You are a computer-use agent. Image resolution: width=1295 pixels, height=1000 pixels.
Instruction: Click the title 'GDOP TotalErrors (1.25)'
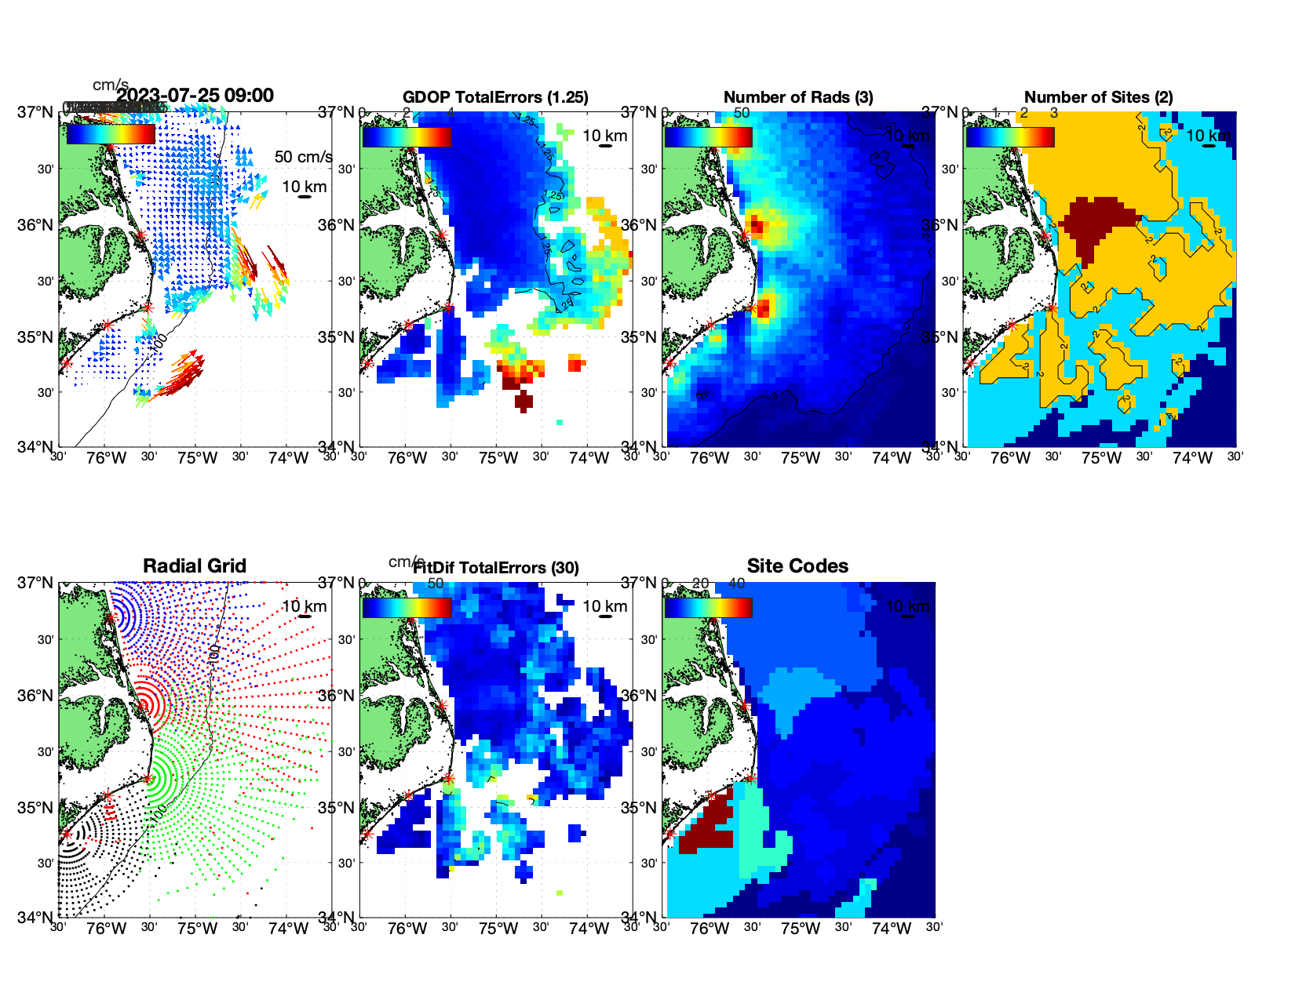point(495,97)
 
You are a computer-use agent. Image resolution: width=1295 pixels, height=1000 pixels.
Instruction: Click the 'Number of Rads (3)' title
point(798,97)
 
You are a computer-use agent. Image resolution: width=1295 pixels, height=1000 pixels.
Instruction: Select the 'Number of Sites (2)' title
point(1099,97)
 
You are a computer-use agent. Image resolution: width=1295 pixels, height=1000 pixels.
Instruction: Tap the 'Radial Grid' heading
point(195,566)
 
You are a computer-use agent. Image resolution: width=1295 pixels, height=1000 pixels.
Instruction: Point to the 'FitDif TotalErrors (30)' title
point(496,568)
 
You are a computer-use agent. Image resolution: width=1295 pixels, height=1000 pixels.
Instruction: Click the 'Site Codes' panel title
point(797,566)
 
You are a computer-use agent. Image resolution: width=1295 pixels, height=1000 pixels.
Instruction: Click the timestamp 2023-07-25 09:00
point(195,96)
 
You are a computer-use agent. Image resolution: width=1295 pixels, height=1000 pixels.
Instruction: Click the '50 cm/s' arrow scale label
point(303,157)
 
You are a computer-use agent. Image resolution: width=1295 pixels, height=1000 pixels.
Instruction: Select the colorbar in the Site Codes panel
point(708,608)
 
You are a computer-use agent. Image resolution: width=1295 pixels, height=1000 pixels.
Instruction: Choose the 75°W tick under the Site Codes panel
point(801,929)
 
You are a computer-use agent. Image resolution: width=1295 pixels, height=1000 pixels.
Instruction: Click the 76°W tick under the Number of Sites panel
point(1010,459)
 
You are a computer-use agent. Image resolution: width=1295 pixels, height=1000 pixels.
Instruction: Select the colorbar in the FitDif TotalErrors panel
point(407,608)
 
